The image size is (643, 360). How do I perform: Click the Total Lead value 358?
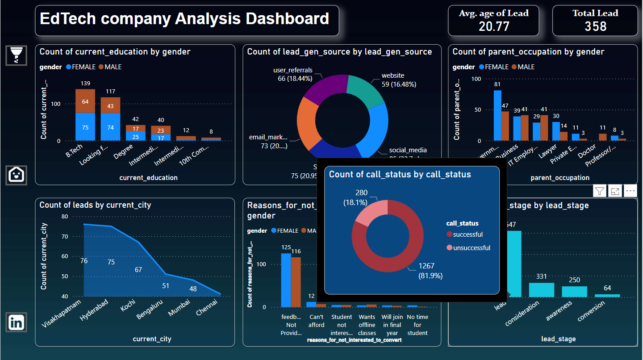click(x=595, y=26)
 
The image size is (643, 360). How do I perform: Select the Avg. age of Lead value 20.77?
click(x=494, y=26)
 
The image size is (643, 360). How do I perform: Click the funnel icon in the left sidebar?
click(x=17, y=55)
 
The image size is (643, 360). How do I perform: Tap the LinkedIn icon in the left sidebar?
click(x=17, y=322)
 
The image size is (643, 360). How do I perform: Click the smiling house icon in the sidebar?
click(x=17, y=175)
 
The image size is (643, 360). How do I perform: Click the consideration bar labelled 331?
click(x=541, y=289)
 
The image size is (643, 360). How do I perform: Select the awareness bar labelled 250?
click(x=574, y=291)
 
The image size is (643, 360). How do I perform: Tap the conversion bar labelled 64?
click(x=607, y=295)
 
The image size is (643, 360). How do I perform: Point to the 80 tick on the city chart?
click(x=65, y=217)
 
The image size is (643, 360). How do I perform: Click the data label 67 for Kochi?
click(x=138, y=270)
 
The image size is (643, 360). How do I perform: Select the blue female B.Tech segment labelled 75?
click(x=85, y=127)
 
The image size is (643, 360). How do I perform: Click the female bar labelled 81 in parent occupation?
click(x=497, y=115)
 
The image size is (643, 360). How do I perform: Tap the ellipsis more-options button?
click(x=630, y=191)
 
